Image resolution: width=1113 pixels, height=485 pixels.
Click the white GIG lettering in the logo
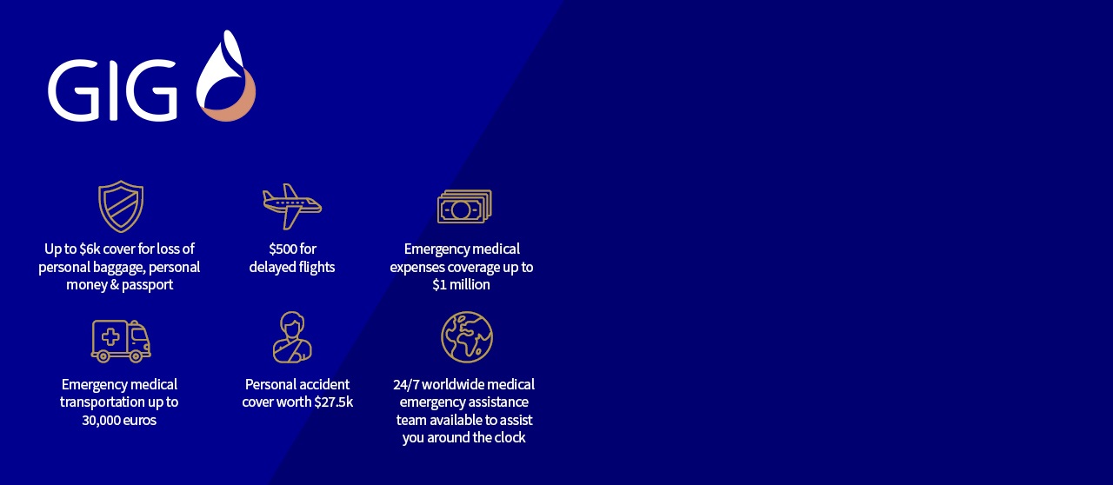[x=112, y=90]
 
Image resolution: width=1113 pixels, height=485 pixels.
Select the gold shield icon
[x=121, y=206]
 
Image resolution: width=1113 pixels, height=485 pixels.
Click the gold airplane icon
[x=292, y=206]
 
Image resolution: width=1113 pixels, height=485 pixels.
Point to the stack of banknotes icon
[x=464, y=206]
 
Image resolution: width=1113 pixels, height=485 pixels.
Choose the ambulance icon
[x=121, y=341]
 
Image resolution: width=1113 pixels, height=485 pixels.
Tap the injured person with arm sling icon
[x=292, y=337]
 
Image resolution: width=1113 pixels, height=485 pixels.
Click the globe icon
[x=467, y=337]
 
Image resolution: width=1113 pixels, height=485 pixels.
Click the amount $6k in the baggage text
[x=90, y=249]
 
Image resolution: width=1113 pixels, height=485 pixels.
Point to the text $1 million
[x=461, y=284]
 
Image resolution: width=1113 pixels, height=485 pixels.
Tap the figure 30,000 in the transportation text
[x=98, y=421]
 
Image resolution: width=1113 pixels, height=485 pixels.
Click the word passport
[x=147, y=285]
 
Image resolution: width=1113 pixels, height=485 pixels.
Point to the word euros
[x=137, y=421]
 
